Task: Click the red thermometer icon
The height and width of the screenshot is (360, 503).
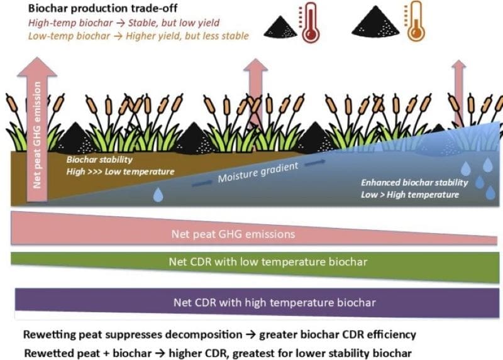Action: [x=309, y=23]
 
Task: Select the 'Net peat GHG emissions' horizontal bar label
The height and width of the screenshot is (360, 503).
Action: [x=233, y=234]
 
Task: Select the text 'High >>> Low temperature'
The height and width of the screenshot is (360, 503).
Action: [x=120, y=171]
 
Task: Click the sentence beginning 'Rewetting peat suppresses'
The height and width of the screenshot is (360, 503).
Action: [x=219, y=334]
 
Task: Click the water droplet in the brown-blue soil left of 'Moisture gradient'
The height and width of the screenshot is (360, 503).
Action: [x=158, y=195]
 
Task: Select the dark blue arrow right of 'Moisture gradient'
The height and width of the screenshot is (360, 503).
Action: [x=316, y=162]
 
